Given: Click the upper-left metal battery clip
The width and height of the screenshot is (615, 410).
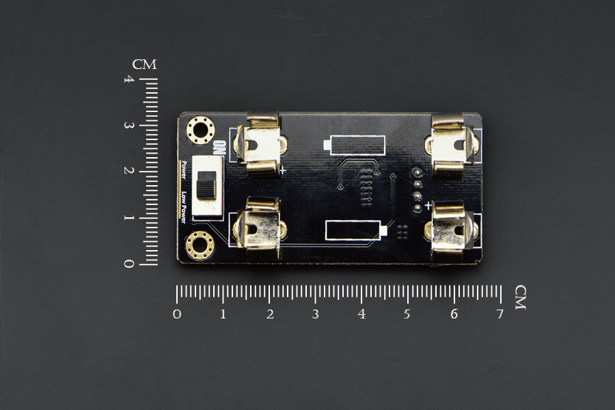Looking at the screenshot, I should point(259,145).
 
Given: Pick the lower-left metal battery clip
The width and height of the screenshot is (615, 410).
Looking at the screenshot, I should point(259,229).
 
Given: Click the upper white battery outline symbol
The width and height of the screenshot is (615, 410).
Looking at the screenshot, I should point(353,146).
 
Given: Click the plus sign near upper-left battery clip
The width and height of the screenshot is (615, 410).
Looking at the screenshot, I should point(282,171).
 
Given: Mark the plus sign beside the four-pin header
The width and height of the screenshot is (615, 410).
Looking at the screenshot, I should point(428,205).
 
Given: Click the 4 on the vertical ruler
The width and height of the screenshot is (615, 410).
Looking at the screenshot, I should point(128,80).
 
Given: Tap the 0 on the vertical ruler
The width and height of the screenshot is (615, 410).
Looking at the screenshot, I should point(128,264).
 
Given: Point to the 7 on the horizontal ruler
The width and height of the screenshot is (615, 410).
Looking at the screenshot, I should point(500,314).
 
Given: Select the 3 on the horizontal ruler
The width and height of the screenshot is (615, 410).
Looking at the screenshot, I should point(315,314).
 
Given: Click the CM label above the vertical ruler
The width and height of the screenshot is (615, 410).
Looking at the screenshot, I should point(144,65).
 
